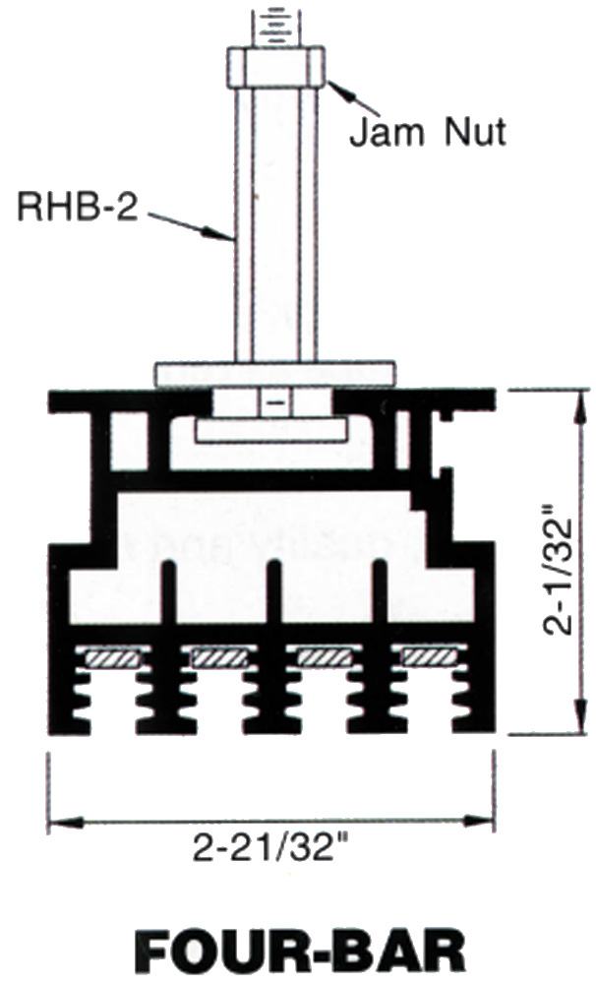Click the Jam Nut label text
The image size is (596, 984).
(x=427, y=133)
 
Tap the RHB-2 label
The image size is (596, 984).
(x=77, y=207)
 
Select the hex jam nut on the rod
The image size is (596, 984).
(x=276, y=67)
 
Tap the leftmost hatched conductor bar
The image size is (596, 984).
(x=112, y=657)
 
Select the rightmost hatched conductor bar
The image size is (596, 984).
(x=429, y=657)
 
